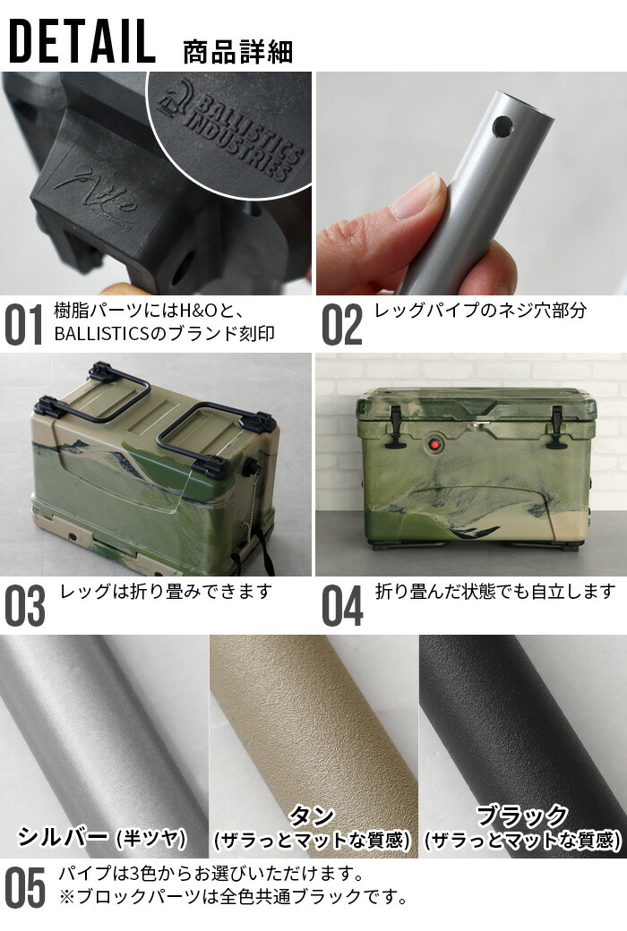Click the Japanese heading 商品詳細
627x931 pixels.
237,51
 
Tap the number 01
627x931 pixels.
23,325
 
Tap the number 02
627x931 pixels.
341,325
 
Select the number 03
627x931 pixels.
25,606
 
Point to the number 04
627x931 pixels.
342,606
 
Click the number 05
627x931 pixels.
25,887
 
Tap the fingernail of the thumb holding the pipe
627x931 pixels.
417,196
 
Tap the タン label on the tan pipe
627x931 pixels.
312,816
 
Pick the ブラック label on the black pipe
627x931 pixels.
521,816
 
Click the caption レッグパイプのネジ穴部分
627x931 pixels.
480,311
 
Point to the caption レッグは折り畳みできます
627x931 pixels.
165,591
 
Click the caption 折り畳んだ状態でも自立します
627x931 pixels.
494,591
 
